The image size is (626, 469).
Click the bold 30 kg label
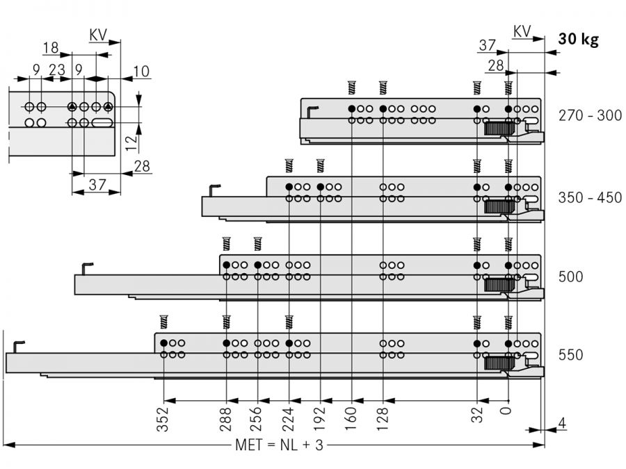pyautogui.click(x=578, y=40)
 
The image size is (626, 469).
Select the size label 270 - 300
pyautogui.click(x=591, y=116)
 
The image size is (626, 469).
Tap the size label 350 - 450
pyautogui.click(x=591, y=197)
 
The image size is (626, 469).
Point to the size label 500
pyautogui.click(x=570, y=277)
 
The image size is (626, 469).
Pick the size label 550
pyautogui.click(x=570, y=355)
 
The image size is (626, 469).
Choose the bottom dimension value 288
pyautogui.click(x=227, y=419)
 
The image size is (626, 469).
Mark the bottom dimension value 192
pyautogui.click(x=321, y=419)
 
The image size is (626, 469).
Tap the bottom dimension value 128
pyautogui.click(x=383, y=419)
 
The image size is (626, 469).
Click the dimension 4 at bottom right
pyautogui.click(x=560, y=422)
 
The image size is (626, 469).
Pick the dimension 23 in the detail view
pyautogui.click(x=57, y=69)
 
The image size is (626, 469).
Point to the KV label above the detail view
pyautogui.click(x=97, y=34)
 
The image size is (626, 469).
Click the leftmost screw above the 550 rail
pyautogui.click(x=164, y=322)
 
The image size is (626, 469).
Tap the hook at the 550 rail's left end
pyautogui.click(x=19, y=345)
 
